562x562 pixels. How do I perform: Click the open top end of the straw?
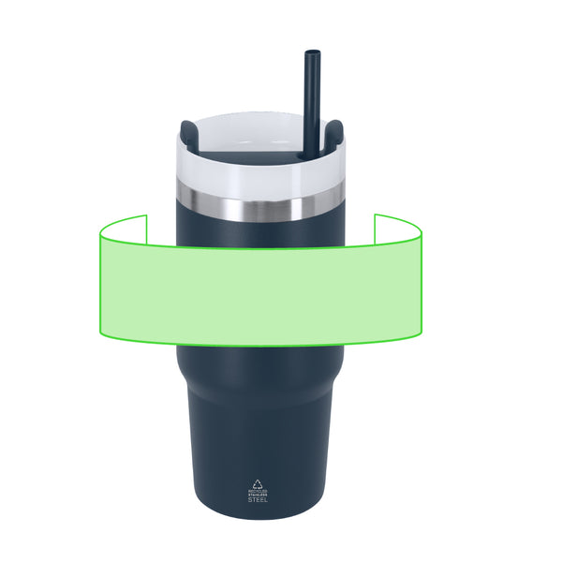309,52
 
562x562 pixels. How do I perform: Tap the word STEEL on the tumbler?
257,499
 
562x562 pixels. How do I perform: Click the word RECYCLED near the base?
257,490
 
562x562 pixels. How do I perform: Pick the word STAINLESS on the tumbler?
257,495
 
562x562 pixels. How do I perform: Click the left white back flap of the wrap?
124,229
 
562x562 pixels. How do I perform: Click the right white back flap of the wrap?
398,228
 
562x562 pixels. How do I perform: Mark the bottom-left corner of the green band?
99,333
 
